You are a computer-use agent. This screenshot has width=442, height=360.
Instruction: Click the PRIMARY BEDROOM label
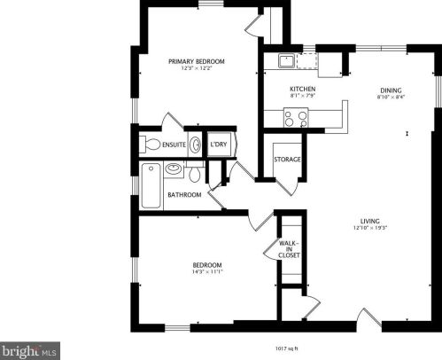point(197,61)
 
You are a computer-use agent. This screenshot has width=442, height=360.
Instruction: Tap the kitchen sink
point(287,60)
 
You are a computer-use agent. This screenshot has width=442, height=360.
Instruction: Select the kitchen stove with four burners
point(295,115)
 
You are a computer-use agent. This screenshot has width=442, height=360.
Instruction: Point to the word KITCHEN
point(303,90)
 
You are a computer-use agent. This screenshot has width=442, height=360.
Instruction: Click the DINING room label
point(392,90)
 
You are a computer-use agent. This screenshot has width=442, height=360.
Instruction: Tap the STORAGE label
point(286,160)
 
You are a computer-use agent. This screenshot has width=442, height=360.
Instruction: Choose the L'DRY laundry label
point(218,144)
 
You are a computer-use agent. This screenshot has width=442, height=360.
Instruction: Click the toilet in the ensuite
point(151,145)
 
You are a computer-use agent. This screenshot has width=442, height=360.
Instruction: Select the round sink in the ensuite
point(193,145)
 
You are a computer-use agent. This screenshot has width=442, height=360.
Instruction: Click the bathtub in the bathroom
point(151,187)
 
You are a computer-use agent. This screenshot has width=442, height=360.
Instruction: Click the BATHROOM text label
point(185,195)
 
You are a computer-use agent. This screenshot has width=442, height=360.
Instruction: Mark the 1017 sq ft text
point(283,348)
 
